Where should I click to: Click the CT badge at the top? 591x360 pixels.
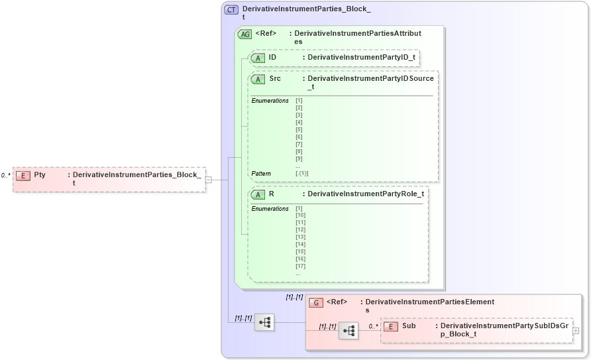coord(231,10)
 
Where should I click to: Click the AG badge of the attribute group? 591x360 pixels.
coord(244,34)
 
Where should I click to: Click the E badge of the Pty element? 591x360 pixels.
coord(23,175)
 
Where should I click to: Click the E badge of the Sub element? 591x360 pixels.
coord(391,326)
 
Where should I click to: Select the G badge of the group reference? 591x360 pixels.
coord(317,302)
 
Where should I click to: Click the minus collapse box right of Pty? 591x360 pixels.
coord(208,179)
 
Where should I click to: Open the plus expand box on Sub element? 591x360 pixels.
coord(575,330)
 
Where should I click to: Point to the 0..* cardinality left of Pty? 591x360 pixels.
coord(6,176)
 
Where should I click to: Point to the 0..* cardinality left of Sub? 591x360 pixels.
coord(374,326)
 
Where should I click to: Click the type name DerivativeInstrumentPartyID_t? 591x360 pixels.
coord(361,58)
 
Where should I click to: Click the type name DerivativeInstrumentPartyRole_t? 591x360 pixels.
coord(365,194)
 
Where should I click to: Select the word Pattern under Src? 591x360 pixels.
coord(261,174)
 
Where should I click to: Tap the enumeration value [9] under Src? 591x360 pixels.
coord(299,158)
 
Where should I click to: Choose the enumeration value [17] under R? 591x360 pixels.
coord(300,266)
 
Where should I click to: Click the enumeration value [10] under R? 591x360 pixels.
coord(300,215)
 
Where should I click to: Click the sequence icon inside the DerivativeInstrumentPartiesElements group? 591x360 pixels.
coord(349,330)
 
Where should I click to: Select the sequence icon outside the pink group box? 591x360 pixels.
coord(264,322)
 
